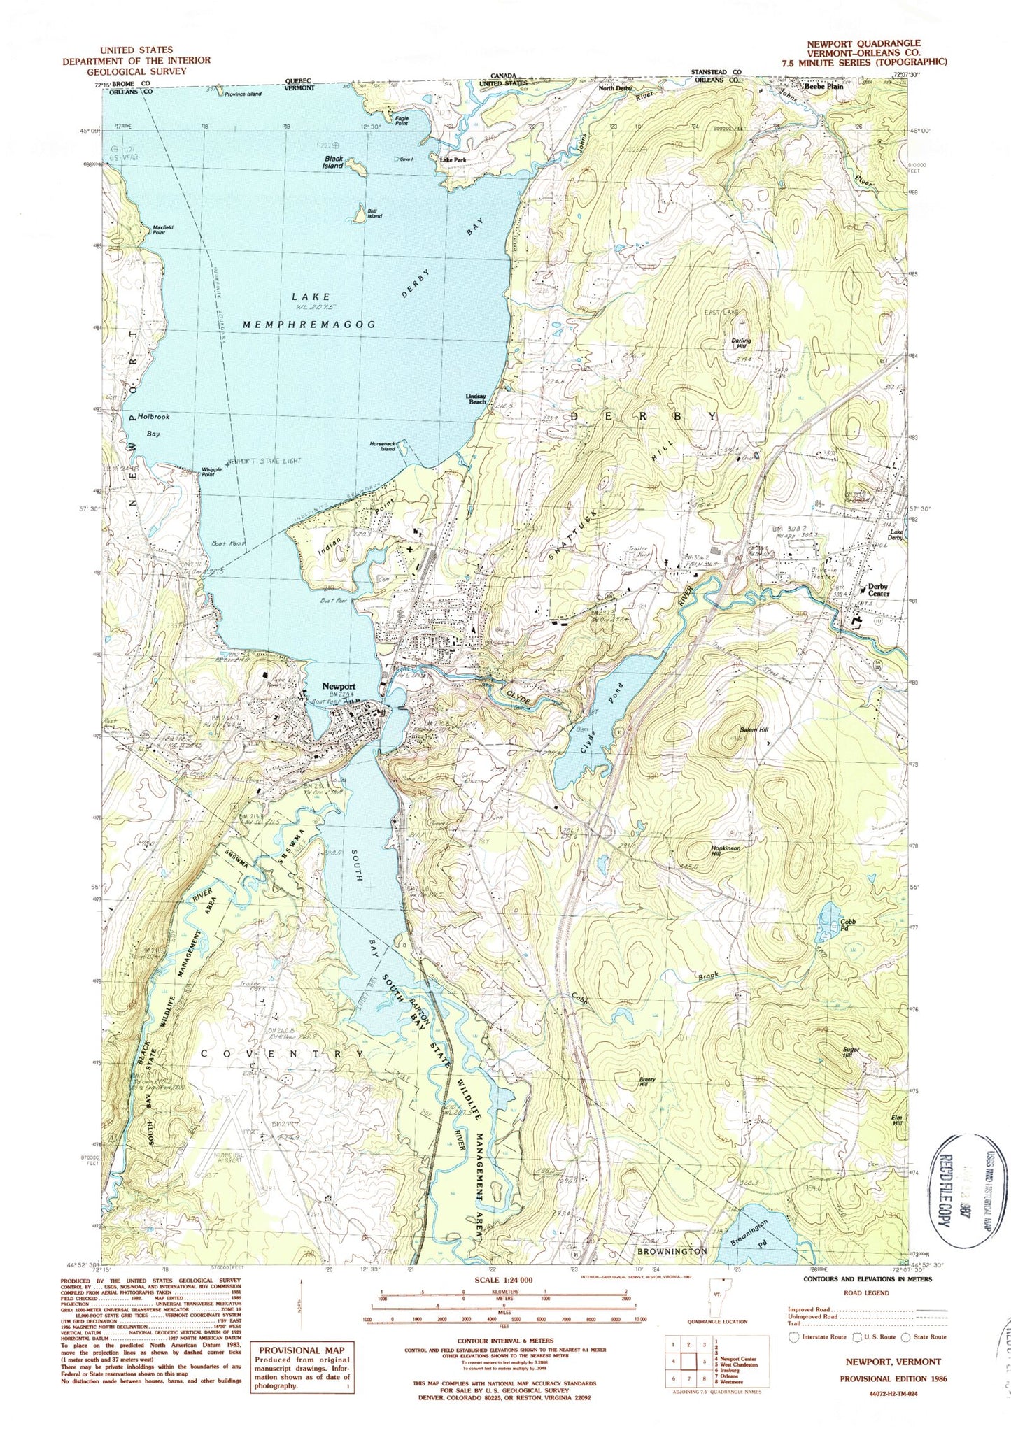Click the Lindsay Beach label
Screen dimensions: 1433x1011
476,399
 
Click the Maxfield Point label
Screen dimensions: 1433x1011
160,229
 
